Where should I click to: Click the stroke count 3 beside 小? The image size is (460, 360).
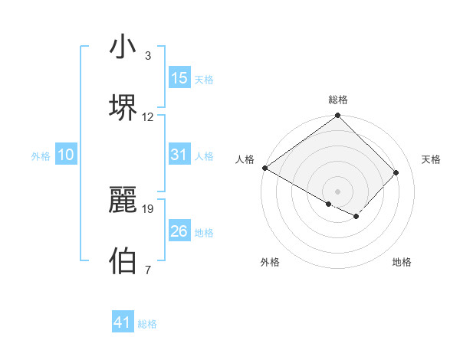point(147,56)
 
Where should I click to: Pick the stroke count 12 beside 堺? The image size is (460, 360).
point(148,117)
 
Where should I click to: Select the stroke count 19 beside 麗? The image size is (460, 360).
point(148,208)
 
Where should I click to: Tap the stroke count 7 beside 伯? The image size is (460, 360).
point(147,269)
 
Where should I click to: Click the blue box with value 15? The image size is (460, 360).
point(179,78)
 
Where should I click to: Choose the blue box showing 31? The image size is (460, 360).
point(179,155)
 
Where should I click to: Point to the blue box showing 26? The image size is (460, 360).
point(179,231)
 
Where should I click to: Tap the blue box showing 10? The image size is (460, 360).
point(66,155)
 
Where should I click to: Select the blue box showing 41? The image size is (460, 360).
point(123,322)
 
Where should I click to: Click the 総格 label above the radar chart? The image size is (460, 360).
point(337,100)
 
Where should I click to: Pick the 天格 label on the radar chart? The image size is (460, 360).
point(431,159)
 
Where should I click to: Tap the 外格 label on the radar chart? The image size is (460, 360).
point(270,262)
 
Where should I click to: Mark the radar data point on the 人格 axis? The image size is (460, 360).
point(265,168)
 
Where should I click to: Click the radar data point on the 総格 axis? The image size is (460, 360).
point(337,116)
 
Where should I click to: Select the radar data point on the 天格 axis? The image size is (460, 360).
point(396,172)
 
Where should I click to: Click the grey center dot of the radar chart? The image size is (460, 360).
point(337,191)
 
